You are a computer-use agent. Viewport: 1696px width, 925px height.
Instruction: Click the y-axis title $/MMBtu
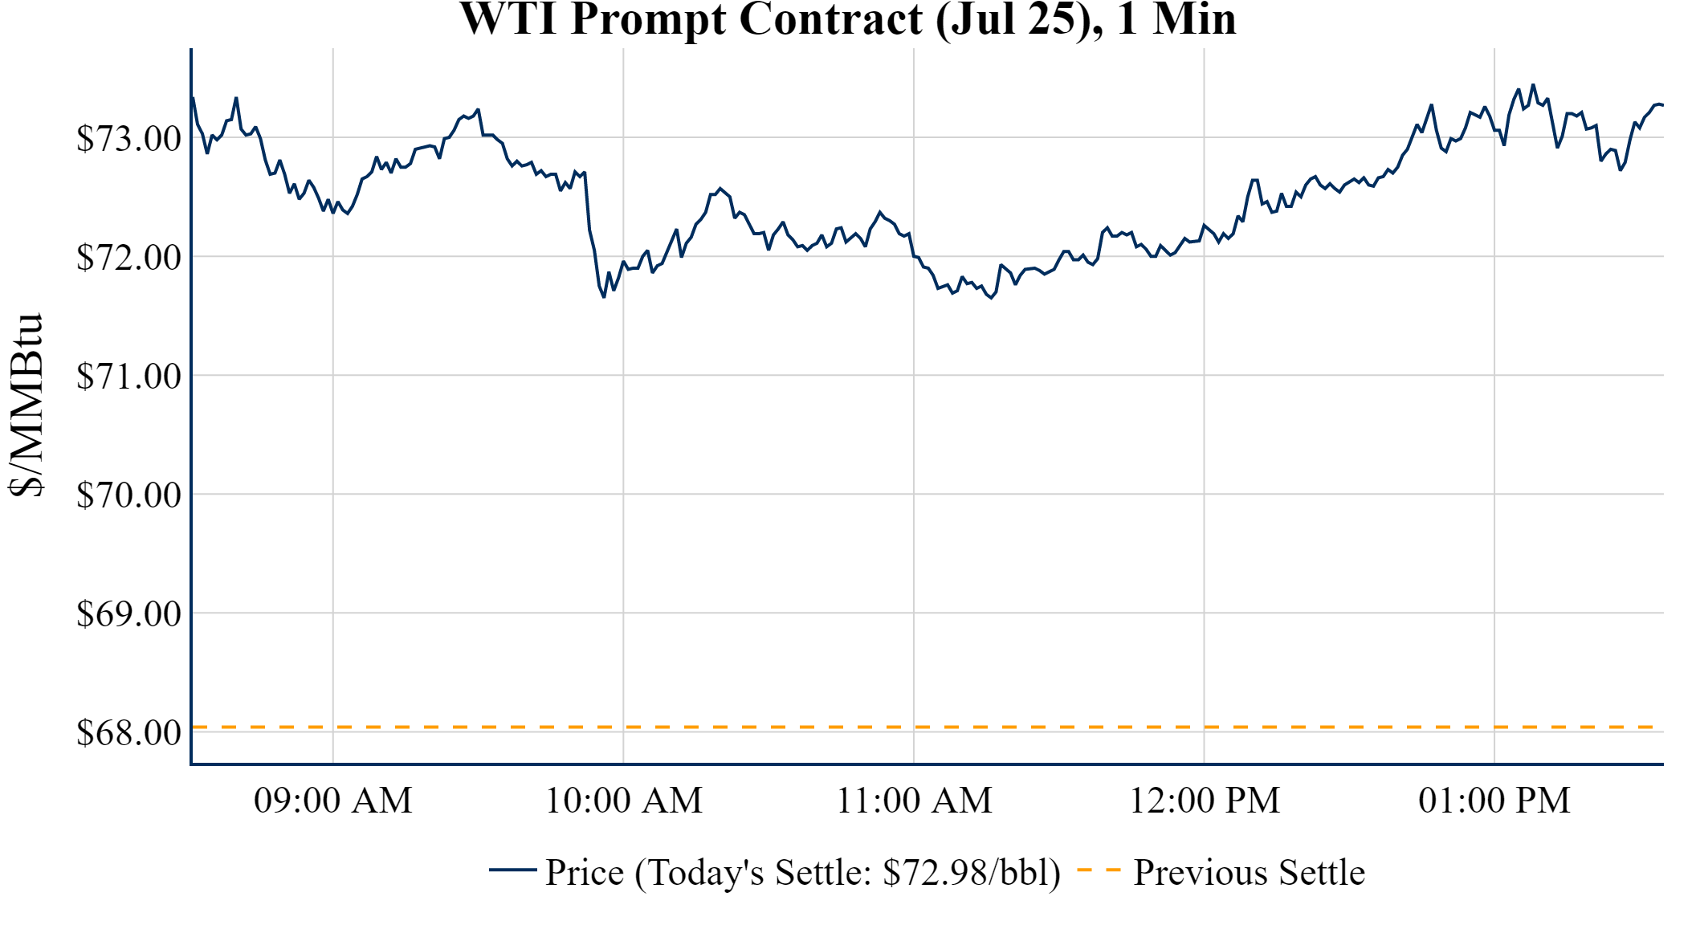click(26, 405)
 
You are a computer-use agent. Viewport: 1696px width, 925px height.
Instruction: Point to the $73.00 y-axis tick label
click(128, 138)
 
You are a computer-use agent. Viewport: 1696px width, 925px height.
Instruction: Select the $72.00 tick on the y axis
click(128, 257)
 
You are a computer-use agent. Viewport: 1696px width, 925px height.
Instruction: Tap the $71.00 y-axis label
click(128, 376)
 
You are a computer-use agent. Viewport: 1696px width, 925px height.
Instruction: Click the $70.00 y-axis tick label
click(128, 495)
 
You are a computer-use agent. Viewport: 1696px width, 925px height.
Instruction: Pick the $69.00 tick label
click(128, 613)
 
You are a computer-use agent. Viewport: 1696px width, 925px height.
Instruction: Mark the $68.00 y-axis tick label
click(128, 732)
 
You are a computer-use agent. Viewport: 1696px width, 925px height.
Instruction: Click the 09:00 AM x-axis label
click(333, 801)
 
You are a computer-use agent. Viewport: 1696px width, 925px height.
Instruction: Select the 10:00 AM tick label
click(624, 801)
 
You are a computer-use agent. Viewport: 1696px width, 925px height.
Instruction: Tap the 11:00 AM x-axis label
click(914, 801)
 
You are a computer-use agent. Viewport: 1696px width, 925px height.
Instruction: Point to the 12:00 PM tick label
click(1205, 801)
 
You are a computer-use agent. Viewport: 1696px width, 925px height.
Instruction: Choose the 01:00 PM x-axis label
click(1494, 801)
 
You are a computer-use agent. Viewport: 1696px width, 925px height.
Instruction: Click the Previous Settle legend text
click(1249, 873)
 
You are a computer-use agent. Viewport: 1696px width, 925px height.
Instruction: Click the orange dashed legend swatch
click(1098, 870)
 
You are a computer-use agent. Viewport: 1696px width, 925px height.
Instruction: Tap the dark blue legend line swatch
click(512, 870)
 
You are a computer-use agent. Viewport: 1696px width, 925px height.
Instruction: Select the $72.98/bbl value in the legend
click(970, 873)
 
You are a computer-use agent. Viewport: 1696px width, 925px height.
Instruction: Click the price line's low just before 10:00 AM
click(604, 297)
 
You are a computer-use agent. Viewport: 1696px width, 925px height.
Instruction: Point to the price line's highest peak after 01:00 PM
click(1533, 84)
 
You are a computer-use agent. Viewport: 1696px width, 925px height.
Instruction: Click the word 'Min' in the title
click(1194, 19)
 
